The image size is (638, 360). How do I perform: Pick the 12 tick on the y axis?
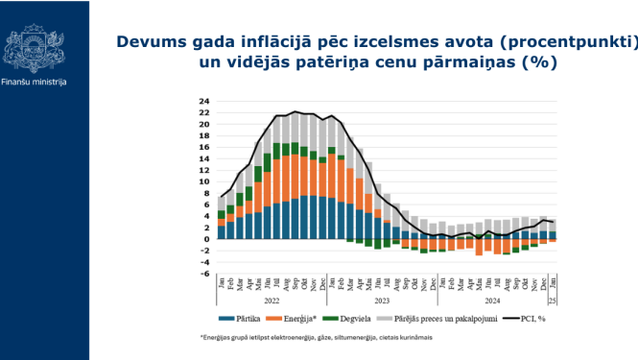(x=205, y=170)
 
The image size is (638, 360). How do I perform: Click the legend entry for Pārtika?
(x=245, y=319)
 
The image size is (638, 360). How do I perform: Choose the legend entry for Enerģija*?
(x=300, y=319)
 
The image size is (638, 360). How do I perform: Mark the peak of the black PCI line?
(x=295, y=111)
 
